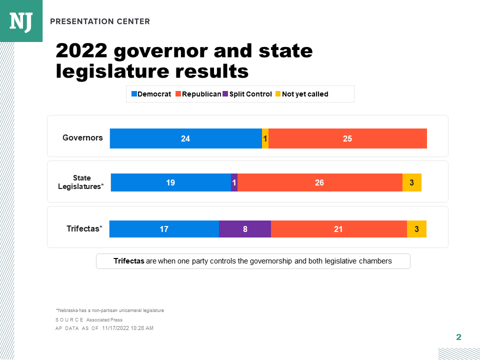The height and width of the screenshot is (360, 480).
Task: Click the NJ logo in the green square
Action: (x=21, y=21)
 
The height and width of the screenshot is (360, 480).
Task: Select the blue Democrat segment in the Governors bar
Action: (x=185, y=138)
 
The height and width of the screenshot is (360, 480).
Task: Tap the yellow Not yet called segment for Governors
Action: (x=265, y=138)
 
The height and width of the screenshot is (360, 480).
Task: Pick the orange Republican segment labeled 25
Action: (x=347, y=138)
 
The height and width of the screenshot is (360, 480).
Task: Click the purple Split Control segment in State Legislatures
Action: (x=234, y=182)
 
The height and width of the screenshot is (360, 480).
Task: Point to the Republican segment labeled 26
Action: (x=319, y=182)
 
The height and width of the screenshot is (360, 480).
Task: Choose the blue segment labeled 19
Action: (x=170, y=182)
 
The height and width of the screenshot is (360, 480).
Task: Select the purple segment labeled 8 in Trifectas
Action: (x=245, y=229)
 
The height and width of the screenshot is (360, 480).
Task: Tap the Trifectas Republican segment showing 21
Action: (x=338, y=229)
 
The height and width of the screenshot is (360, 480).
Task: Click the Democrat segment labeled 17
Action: (x=164, y=229)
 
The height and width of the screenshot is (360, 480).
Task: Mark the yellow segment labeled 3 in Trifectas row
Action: (x=416, y=229)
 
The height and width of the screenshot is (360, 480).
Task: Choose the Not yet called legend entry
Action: (x=302, y=94)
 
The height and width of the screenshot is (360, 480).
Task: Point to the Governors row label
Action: (x=82, y=137)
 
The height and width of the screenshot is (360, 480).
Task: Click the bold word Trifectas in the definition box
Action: (x=128, y=261)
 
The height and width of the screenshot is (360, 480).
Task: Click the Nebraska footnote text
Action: (x=110, y=310)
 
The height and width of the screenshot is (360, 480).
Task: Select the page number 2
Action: (x=458, y=337)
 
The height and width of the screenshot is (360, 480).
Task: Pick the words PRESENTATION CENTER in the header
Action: (x=99, y=21)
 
